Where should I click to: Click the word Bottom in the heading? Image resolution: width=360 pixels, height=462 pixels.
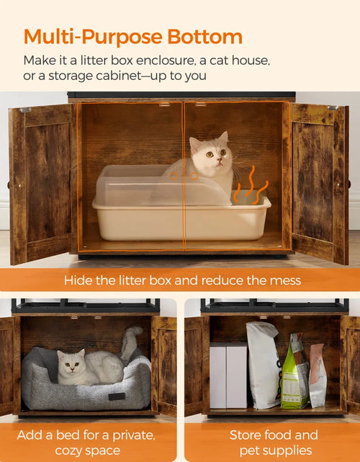pyautogui.click(x=205, y=37)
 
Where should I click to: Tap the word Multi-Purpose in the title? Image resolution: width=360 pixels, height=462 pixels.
pyautogui.click(x=93, y=37)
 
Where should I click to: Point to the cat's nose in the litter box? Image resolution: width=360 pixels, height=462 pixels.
pyautogui.click(x=219, y=159)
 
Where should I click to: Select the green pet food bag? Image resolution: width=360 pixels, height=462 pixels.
pyautogui.click(x=294, y=372)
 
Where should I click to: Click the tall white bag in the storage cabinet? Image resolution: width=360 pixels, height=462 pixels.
pyautogui.click(x=263, y=365)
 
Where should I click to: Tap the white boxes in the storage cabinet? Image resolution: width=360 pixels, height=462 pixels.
pyautogui.click(x=228, y=375)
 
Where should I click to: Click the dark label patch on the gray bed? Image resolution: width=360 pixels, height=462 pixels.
pyautogui.click(x=117, y=396)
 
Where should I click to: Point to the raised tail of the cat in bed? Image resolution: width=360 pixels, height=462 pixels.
pyautogui.click(x=130, y=342)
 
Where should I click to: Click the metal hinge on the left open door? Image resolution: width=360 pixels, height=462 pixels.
pyautogui.click(x=25, y=110)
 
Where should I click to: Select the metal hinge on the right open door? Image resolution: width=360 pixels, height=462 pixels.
pyautogui.click(x=333, y=108)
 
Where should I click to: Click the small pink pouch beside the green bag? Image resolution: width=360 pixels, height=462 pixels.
pyautogui.click(x=318, y=376)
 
